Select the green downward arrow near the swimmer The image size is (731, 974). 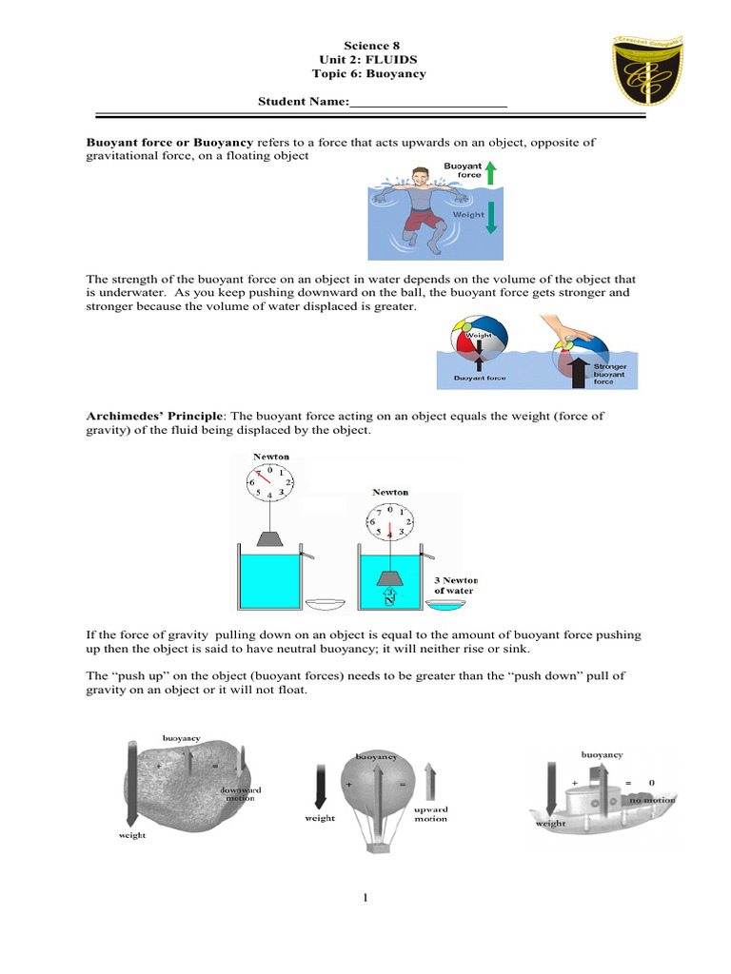tap(491, 218)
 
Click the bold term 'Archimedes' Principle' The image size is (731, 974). tap(155, 416)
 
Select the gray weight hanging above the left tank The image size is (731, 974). tap(271, 541)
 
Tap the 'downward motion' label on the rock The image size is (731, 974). tap(241, 794)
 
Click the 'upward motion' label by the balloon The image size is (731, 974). tap(430, 813)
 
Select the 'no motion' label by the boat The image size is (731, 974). tap(652, 800)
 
